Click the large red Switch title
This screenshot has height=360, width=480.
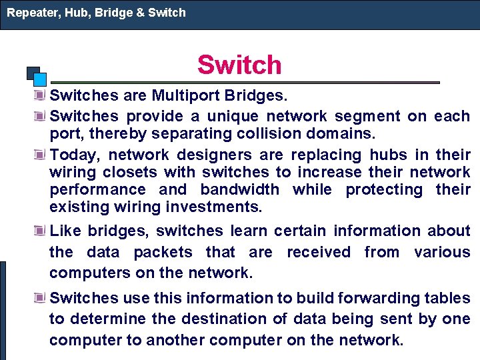239,65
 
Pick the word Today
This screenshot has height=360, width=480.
74,155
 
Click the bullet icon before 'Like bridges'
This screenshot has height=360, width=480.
41,231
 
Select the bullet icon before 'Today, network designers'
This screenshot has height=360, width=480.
41,155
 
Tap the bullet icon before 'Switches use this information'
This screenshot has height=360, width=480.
41,299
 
